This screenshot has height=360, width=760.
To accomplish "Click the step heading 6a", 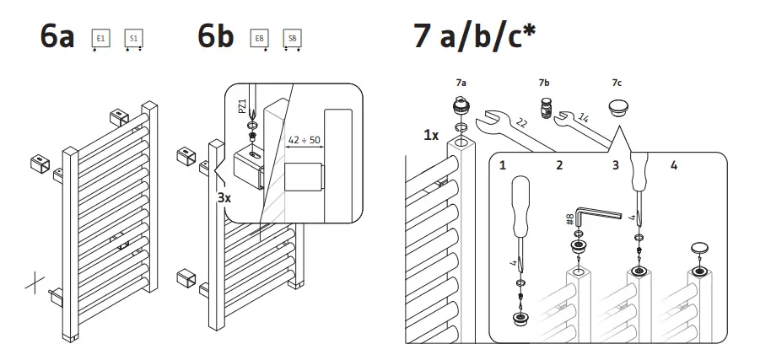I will (57, 39).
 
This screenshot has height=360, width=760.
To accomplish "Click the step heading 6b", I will (215, 39).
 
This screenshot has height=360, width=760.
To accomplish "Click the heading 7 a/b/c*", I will (476, 37).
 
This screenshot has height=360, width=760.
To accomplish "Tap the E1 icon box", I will (101, 39).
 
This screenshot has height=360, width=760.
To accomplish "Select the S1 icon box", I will (132, 39).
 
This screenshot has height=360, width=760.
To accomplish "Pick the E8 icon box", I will (259, 39).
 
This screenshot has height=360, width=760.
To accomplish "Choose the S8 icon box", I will (292, 39).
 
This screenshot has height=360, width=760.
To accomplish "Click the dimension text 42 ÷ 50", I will (304, 140).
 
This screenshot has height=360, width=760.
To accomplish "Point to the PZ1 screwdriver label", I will (241, 106).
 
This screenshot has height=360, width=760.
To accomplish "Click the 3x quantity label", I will (224, 199).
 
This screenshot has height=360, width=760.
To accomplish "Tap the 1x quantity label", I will (430, 135).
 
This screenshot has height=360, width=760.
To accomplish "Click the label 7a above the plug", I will (461, 83).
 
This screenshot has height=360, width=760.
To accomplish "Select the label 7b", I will (543, 83).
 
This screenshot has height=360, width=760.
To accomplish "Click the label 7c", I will (617, 83).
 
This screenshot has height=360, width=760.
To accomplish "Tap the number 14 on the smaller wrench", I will (584, 118).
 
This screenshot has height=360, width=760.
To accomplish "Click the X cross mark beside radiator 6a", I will (35, 283).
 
